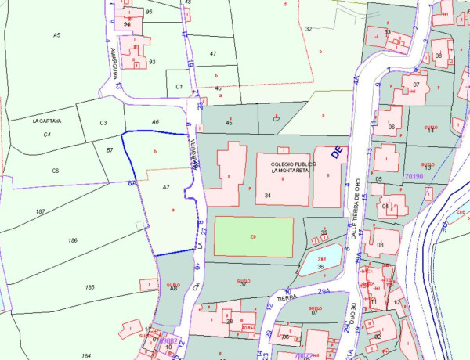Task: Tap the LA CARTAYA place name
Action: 46,122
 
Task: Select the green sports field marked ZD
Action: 254,236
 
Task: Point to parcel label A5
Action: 56,35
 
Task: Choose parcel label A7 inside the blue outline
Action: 166,188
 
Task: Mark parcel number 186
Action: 74,240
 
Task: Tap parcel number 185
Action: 89,288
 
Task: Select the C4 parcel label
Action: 47,135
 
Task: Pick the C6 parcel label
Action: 56,171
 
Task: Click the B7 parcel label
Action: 110,149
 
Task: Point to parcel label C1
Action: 179,86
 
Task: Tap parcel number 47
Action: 212,53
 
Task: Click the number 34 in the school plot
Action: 268,195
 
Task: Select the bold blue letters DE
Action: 338,153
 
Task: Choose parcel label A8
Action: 173,288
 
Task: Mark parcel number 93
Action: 152,62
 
